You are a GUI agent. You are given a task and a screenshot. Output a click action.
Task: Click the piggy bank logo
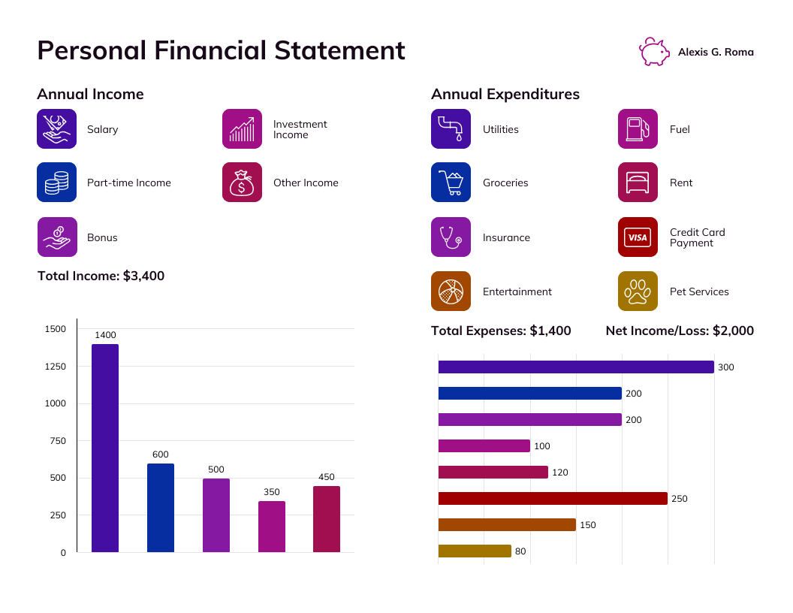click(654, 52)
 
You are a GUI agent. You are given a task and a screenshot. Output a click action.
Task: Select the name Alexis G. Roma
click(716, 52)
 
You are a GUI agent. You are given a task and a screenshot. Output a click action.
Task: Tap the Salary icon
click(57, 128)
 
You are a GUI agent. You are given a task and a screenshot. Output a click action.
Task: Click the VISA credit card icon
click(638, 237)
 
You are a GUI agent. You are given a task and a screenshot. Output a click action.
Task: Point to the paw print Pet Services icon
click(638, 291)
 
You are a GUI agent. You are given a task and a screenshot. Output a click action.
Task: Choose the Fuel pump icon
click(638, 128)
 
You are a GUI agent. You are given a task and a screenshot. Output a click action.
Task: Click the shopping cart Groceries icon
click(451, 183)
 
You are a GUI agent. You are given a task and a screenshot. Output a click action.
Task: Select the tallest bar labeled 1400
click(105, 448)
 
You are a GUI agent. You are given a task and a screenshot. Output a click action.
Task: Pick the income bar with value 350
click(271, 527)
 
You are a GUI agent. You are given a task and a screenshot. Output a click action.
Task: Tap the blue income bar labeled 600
click(161, 508)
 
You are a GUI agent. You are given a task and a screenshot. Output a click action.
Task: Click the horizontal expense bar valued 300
click(575, 367)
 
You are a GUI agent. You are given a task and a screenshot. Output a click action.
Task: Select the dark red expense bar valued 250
click(552, 499)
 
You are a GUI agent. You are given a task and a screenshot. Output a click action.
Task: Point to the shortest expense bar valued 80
click(474, 551)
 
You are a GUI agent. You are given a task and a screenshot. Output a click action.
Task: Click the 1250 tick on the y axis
click(56, 367)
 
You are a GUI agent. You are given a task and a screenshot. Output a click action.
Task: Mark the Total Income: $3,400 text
click(101, 276)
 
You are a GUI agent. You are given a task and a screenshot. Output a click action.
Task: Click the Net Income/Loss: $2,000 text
click(680, 331)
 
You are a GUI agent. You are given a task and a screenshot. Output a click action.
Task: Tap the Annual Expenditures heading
click(505, 94)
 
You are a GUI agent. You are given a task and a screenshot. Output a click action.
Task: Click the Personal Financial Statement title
click(221, 50)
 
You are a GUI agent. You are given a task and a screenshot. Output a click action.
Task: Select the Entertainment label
click(517, 291)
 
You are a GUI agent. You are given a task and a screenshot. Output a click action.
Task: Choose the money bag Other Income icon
click(242, 183)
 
